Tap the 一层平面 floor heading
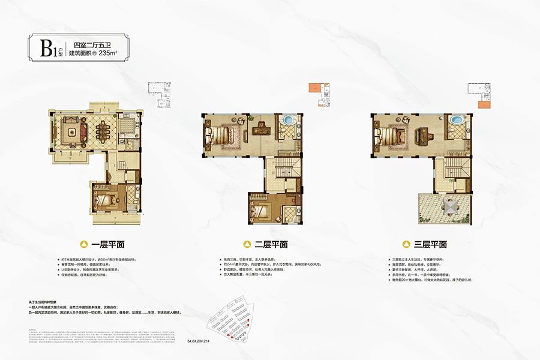(108, 245)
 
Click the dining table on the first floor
(102, 128)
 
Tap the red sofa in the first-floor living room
(70, 128)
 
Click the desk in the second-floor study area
(262, 127)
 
